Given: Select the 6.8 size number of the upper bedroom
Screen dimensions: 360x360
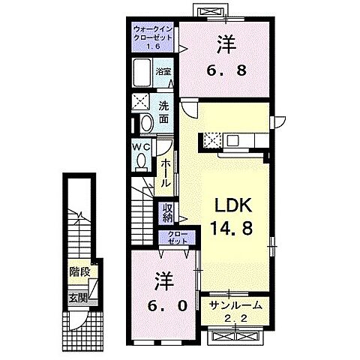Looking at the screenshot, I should [225, 72].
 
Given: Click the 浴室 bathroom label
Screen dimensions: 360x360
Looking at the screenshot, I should [163, 72].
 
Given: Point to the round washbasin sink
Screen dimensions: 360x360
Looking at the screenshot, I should [146, 122].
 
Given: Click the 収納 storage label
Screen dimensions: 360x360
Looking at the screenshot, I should [166, 213].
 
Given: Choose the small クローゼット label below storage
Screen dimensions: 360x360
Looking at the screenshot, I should [175, 238].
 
